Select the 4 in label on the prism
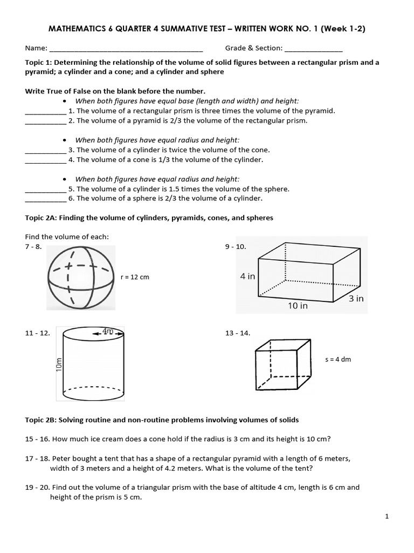[x=247, y=276]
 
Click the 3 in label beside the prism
[x=356, y=298]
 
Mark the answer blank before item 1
[x=45, y=111]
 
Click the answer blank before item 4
[x=45, y=160]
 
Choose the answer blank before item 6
[x=45, y=199]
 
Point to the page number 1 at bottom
[x=387, y=516]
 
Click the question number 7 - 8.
[x=33, y=247]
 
